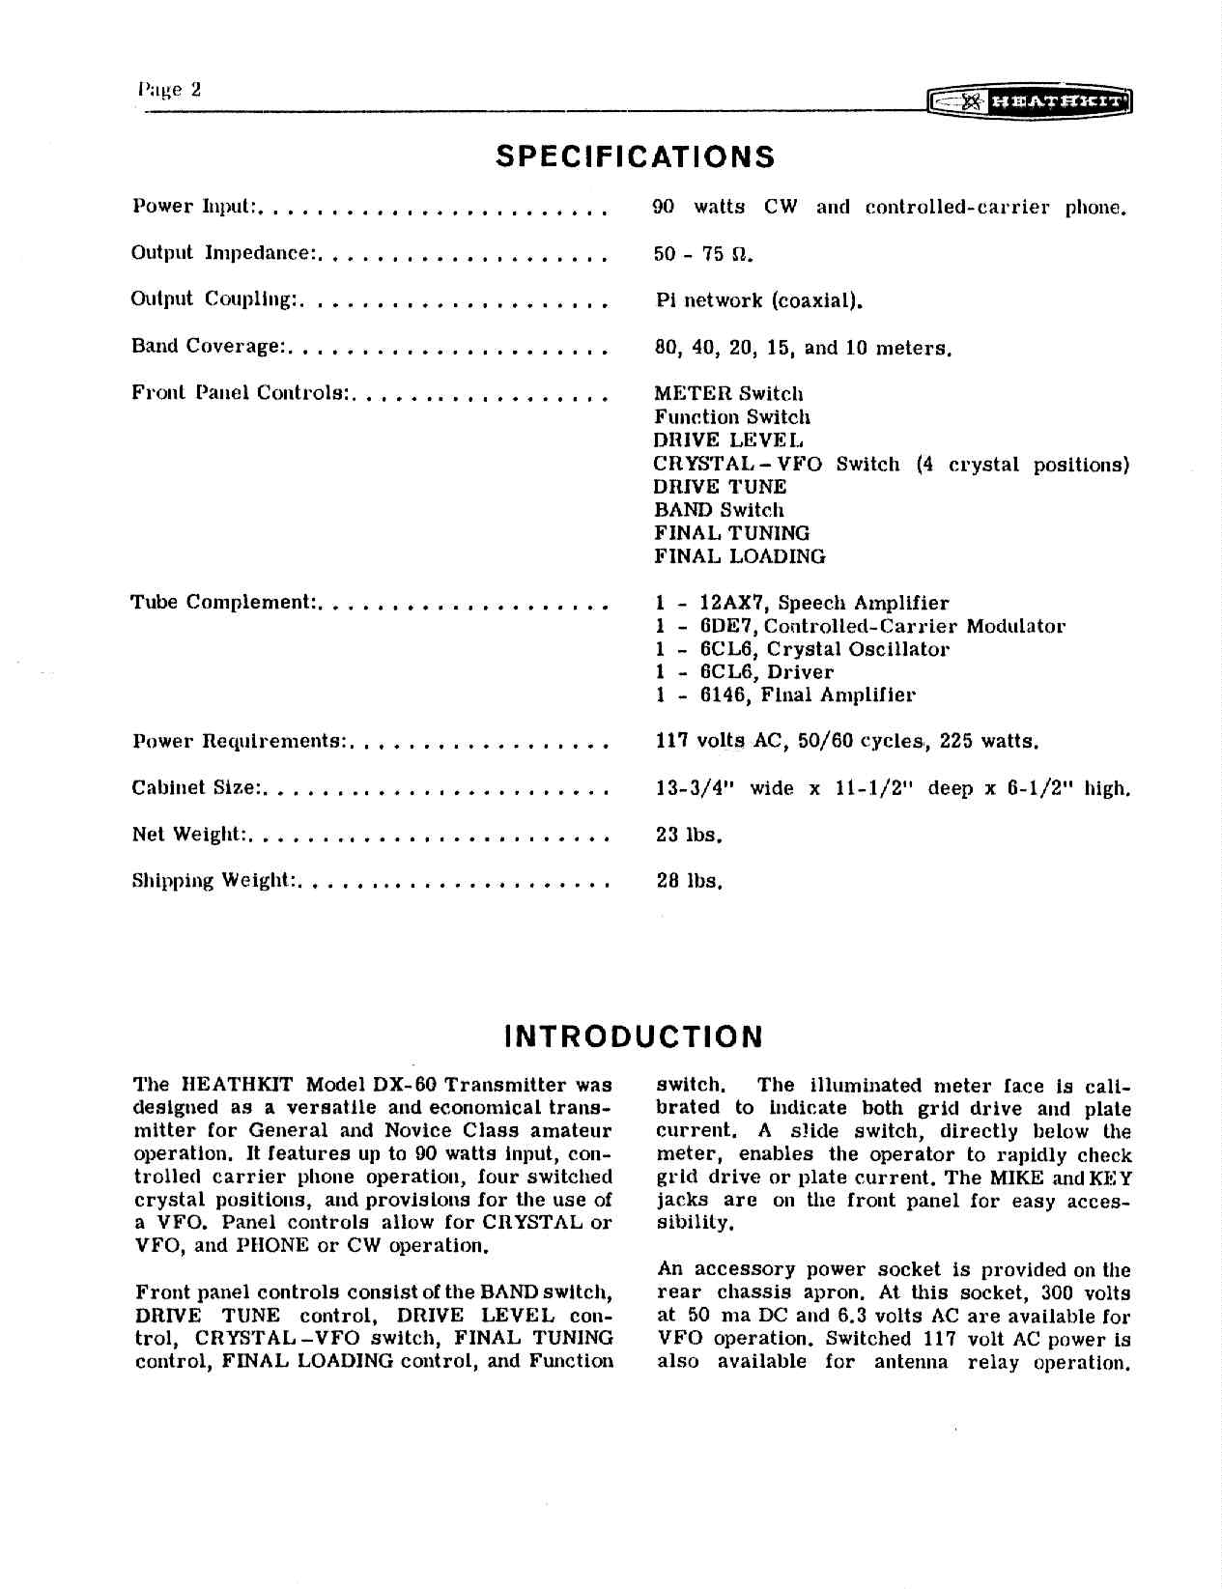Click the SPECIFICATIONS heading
coord(635,156)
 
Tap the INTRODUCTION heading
coord(634,1036)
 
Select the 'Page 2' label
coord(170,90)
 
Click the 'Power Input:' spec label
coord(193,207)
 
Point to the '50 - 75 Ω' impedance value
coord(703,254)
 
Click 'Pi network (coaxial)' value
coord(758,300)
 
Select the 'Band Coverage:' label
coord(207,347)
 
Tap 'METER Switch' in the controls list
coord(728,393)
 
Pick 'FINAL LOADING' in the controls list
coord(740,556)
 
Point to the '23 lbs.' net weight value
coord(690,835)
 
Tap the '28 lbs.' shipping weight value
coord(690,881)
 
